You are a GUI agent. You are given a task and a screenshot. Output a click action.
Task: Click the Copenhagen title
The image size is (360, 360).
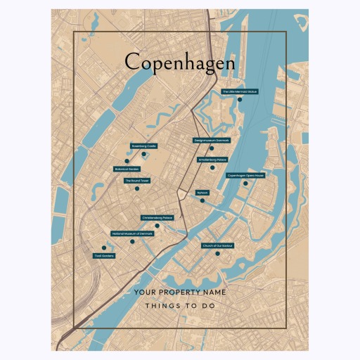coord(179,63)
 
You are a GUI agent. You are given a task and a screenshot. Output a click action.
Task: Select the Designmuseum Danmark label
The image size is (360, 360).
coord(212,141)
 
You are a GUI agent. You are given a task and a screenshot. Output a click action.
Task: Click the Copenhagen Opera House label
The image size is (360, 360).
coord(245,176)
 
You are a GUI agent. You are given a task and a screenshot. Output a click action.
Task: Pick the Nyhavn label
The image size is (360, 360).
coord(202,192)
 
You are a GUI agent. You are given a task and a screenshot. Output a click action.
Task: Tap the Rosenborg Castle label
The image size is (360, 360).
coord(143,146)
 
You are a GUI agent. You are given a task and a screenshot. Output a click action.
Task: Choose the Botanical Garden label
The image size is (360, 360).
coord(127,169)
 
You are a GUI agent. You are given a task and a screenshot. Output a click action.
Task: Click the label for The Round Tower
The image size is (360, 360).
coord(137,181)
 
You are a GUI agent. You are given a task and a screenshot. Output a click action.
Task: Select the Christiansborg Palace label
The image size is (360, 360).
coord(157,218)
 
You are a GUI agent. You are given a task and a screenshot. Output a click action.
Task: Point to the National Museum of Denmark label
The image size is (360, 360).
coord(132,233)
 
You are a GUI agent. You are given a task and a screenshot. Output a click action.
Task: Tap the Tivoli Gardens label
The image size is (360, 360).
coord(103,256)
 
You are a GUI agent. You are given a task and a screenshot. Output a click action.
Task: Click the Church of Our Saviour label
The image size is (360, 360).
coord(218,246)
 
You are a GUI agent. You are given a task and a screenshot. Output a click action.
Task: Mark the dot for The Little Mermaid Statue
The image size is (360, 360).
coord(240,99)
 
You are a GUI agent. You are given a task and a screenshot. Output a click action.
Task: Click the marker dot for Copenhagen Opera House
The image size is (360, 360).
coord(245,184)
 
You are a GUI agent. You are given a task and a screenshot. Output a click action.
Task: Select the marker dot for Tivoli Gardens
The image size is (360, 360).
coord(103,247)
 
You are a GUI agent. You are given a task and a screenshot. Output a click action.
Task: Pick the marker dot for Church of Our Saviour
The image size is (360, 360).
coord(219,254)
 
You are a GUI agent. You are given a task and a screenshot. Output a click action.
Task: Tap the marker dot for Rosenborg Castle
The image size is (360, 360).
coord(143,153)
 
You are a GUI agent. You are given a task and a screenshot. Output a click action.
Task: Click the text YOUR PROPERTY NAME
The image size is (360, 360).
coord(179,292)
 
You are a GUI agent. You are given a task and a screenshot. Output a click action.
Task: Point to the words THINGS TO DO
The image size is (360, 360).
coord(179,306)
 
